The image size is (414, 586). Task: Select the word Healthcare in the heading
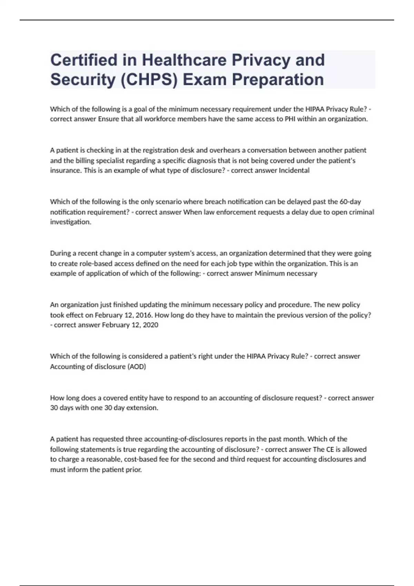(184, 60)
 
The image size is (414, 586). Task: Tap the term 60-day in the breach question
(350, 202)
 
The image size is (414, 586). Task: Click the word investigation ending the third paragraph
(70, 222)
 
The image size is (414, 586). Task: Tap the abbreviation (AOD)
(137, 366)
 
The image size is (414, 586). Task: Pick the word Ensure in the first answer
(108, 119)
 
